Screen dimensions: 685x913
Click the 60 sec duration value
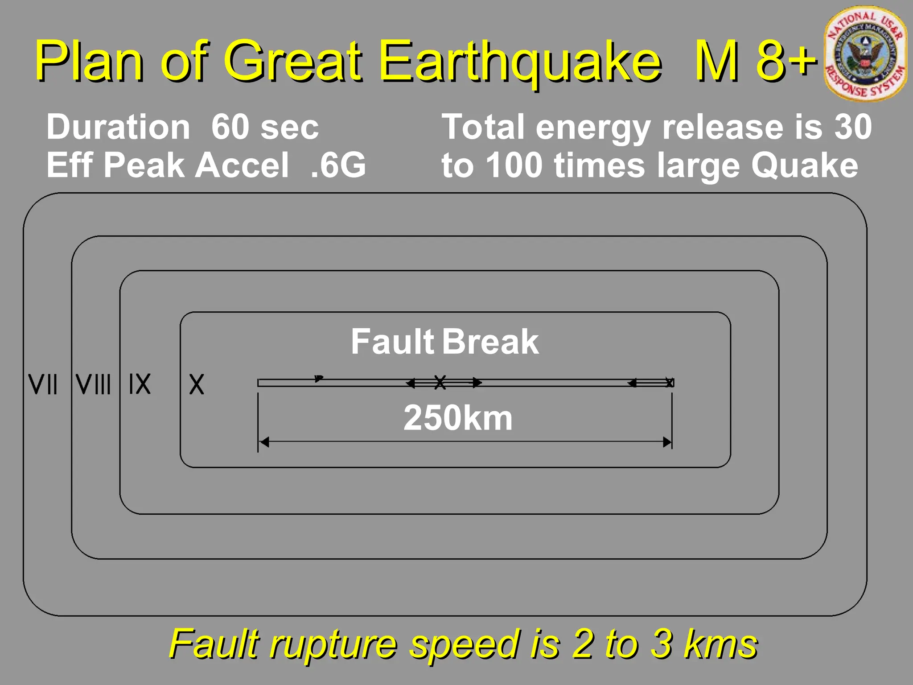click(x=265, y=127)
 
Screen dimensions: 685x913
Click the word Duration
click(x=118, y=127)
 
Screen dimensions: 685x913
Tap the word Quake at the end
click(x=804, y=165)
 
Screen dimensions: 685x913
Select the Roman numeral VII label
click(x=43, y=384)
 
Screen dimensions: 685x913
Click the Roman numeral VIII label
click(x=93, y=384)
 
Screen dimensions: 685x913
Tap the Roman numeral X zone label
click(x=196, y=384)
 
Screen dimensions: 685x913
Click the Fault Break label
click(x=444, y=342)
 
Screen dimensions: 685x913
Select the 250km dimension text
click(x=458, y=418)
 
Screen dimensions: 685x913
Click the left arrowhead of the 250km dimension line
click(x=264, y=442)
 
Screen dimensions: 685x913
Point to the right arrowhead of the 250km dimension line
click(x=667, y=442)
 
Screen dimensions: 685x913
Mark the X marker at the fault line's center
click(x=440, y=382)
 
